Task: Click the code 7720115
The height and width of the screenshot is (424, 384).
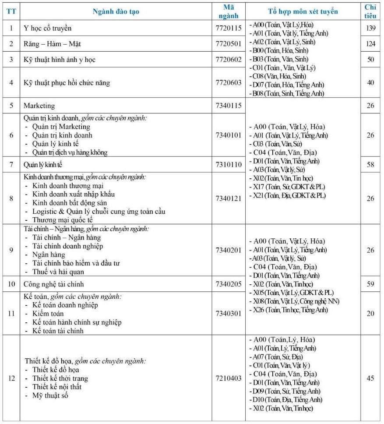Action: (x=229, y=28)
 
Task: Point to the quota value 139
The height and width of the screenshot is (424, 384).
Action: (x=370, y=28)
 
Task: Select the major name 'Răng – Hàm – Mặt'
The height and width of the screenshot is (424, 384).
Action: (x=52, y=44)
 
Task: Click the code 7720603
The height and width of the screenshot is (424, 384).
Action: (x=229, y=82)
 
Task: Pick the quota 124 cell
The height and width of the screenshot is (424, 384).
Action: (x=370, y=44)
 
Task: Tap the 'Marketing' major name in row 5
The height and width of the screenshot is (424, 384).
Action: (x=39, y=106)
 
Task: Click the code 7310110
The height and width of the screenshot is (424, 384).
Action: (x=229, y=164)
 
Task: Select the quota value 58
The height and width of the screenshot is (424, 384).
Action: (x=370, y=164)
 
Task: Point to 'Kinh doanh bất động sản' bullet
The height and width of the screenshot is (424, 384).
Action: (x=69, y=203)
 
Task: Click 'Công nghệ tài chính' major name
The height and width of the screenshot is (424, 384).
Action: (x=53, y=284)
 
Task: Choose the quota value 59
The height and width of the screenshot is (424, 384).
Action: (x=370, y=284)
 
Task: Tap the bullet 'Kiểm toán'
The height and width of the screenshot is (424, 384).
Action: (x=48, y=314)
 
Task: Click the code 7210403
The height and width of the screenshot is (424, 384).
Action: (x=229, y=378)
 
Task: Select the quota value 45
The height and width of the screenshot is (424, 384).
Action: (x=370, y=378)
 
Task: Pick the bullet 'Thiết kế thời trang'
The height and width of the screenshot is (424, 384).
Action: (x=60, y=378)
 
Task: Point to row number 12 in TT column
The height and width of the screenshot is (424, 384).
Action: (x=11, y=378)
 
